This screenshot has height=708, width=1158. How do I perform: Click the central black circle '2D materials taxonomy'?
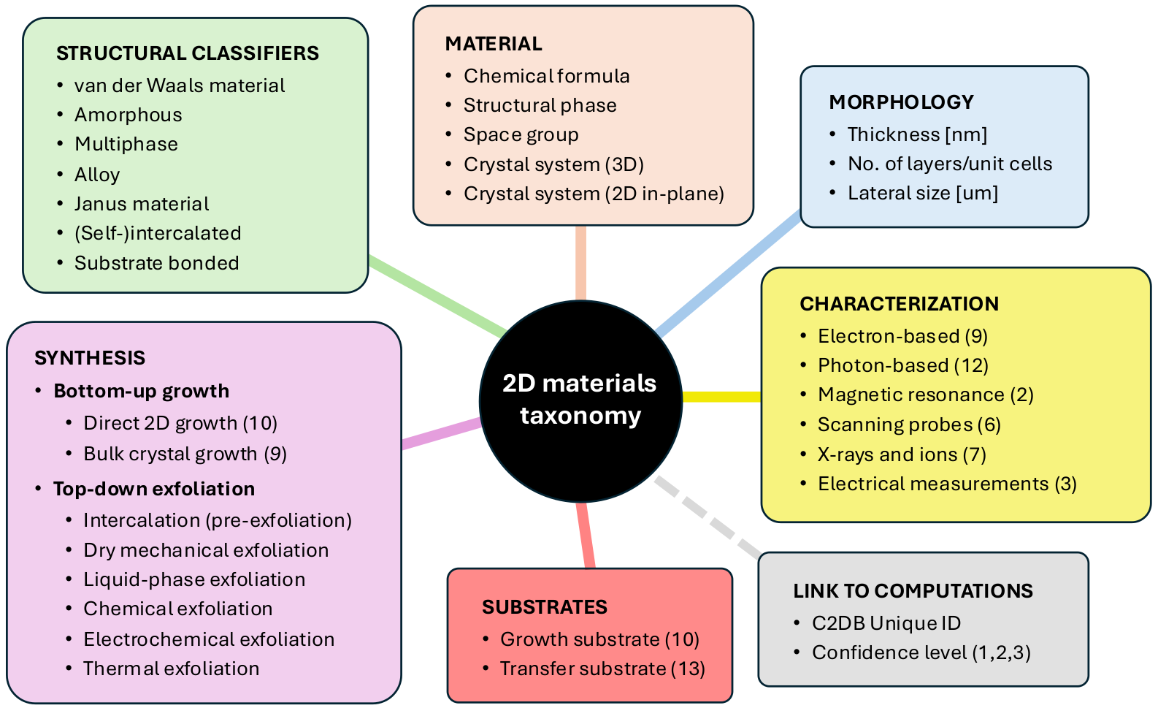(x=580, y=400)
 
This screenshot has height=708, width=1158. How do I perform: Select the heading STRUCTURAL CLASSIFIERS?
(x=188, y=53)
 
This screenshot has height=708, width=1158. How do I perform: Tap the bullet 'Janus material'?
(x=142, y=204)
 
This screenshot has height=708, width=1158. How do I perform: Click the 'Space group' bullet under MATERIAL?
(x=521, y=134)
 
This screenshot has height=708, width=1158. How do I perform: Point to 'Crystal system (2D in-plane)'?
(x=594, y=194)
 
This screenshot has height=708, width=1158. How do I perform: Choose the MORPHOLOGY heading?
(x=901, y=102)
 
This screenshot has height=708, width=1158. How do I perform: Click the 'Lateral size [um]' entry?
(x=922, y=193)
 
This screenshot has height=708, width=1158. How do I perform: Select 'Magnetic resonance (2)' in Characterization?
(x=925, y=395)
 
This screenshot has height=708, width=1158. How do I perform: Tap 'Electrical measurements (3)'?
(x=947, y=484)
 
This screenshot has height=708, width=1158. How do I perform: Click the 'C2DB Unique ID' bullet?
(x=886, y=623)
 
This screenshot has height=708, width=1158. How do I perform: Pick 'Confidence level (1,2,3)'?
(x=921, y=652)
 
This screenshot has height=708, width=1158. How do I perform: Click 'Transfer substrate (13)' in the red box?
(x=602, y=669)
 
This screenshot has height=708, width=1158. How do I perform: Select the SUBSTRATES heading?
(x=545, y=607)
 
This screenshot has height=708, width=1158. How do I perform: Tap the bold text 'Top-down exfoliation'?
(x=154, y=489)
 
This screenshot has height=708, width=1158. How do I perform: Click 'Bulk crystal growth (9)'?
(x=185, y=454)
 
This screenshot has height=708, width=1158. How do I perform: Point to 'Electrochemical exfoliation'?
(x=209, y=639)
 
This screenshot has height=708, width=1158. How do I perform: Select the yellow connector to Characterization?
(x=721, y=397)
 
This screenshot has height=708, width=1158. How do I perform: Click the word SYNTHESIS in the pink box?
(x=90, y=358)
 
